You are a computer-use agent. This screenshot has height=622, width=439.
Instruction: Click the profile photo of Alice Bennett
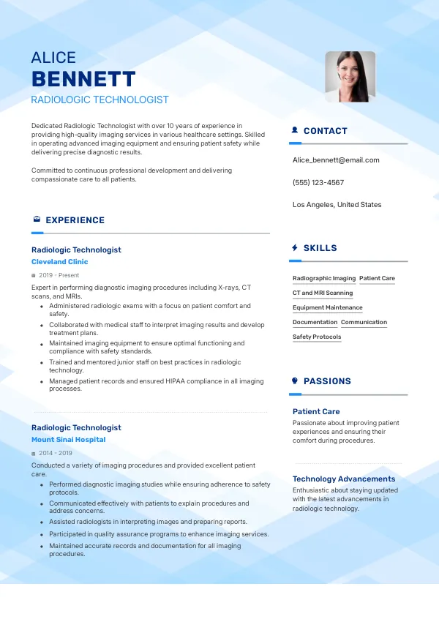[x=350, y=76]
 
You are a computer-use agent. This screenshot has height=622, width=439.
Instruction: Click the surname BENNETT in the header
[x=83, y=79]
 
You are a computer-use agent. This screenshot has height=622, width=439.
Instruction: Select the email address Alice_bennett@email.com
[x=336, y=160]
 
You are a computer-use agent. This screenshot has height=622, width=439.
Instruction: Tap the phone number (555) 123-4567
[x=318, y=182]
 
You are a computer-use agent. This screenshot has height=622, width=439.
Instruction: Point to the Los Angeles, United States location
[x=337, y=205]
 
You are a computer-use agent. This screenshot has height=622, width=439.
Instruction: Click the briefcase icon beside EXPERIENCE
[x=37, y=220]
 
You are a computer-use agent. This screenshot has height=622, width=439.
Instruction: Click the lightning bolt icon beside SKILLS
[x=295, y=248]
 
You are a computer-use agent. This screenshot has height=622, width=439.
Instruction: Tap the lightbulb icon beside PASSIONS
[x=295, y=381]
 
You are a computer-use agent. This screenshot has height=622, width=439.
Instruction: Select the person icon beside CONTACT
[x=295, y=131]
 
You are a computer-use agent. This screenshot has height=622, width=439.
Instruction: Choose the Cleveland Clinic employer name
[x=59, y=262]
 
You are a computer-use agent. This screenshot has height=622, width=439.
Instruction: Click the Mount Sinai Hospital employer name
[x=68, y=440]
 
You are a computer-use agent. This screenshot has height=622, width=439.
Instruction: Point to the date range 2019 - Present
[x=59, y=275]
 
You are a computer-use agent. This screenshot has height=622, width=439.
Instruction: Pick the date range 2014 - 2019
[x=56, y=453]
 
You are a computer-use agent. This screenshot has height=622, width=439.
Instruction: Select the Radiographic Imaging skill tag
[x=324, y=279]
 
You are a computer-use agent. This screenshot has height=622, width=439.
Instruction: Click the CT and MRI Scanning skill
[x=323, y=293]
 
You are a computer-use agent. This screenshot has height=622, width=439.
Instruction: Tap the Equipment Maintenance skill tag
[x=327, y=308]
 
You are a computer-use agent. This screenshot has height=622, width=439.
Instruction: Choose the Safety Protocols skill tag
[x=317, y=337]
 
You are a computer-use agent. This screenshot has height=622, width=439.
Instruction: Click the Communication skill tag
[x=364, y=323]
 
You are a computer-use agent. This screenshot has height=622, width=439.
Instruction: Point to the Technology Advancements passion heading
[x=344, y=479]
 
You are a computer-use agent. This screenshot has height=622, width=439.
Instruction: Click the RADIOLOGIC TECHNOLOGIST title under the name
[x=100, y=100]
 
